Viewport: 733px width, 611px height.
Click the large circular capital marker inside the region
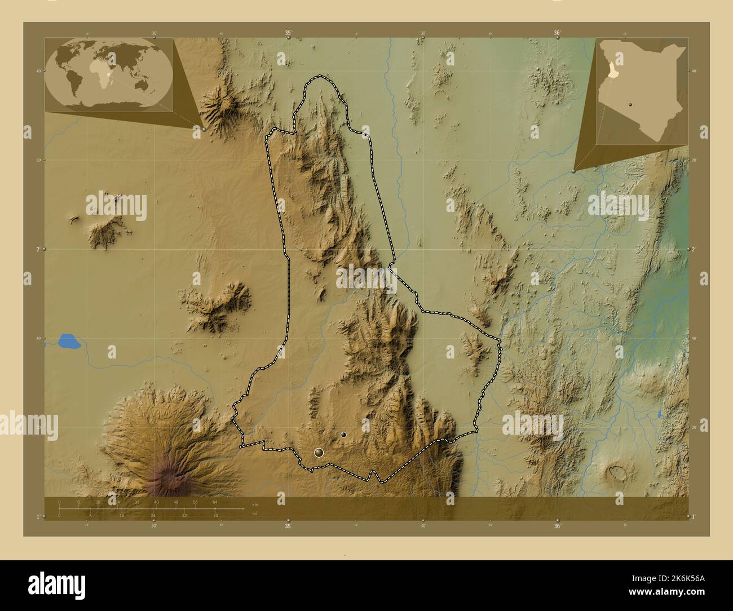coord(319,452)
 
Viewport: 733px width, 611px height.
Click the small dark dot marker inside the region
coord(343,435)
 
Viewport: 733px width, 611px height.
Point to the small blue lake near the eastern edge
coord(660,414)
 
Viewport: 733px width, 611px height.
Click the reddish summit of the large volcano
coord(168,480)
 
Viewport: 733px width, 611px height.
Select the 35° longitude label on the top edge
coord(288,33)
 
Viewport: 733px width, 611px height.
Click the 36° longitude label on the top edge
coord(557,33)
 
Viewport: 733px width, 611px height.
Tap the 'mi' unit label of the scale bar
coord(255,513)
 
